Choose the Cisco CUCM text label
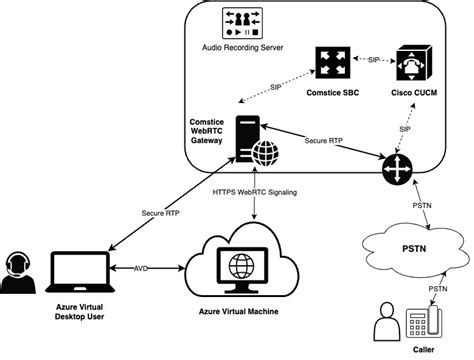[413, 96]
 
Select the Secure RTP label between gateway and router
[324, 141]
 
